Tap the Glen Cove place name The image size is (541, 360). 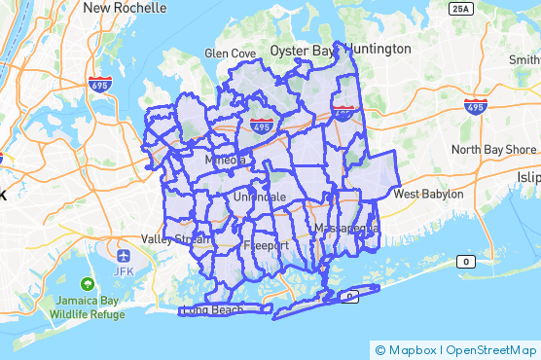[231, 54]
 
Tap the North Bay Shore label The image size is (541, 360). [493, 150]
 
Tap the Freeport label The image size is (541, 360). [267, 245]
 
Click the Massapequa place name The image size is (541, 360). [346, 228]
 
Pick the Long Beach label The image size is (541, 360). [213, 310]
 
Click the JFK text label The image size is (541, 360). [124, 270]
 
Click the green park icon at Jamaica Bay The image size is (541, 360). [87, 284]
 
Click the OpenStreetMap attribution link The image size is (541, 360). [492, 350]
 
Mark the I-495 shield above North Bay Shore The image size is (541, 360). [475, 105]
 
